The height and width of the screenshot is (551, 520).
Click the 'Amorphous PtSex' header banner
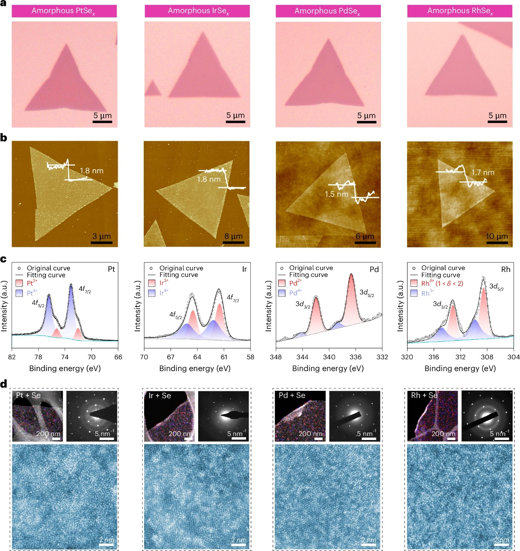(x=64, y=11)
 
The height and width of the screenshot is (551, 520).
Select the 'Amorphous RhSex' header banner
(x=459, y=11)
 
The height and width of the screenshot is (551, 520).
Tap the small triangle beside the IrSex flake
(x=153, y=89)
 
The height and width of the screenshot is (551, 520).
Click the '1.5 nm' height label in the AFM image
(x=336, y=194)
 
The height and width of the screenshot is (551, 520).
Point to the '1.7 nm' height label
(x=483, y=172)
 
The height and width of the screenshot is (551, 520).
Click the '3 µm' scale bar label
(x=102, y=236)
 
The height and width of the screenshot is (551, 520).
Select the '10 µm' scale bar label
(x=496, y=236)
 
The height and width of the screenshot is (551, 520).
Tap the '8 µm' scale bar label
(x=233, y=236)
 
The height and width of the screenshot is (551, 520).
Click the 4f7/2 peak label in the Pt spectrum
(x=85, y=289)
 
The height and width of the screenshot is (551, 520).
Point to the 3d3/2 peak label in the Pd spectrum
(x=303, y=304)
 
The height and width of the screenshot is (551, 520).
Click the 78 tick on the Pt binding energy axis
(x=38, y=357)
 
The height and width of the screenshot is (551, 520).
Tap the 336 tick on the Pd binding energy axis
(x=355, y=357)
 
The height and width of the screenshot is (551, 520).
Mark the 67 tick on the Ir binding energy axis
(x=171, y=357)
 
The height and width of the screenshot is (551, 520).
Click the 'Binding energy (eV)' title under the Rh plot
(x=460, y=368)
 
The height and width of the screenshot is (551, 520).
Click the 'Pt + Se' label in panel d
(x=28, y=395)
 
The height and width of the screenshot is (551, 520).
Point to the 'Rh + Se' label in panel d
(x=424, y=395)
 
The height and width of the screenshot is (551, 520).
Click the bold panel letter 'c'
(x=3, y=259)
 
